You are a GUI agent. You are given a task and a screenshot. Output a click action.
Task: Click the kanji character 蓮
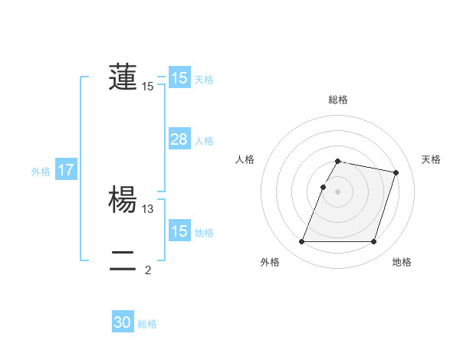click(123, 77)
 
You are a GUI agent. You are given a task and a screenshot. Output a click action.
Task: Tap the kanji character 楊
click(123, 199)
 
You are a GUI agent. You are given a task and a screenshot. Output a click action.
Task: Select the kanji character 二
click(123, 260)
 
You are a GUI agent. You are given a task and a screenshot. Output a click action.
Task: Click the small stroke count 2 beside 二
click(148, 270)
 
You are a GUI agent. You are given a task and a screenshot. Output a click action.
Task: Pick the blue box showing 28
click(179, 139)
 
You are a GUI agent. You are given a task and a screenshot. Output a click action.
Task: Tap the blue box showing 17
click(66, 171)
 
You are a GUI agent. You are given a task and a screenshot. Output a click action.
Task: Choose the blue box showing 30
click(123, 323)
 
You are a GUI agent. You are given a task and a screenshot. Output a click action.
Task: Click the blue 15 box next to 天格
click(179, 78)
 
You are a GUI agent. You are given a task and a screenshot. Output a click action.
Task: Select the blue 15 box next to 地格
click(179, 231)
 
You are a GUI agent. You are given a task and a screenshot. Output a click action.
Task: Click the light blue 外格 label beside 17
click(41, 172)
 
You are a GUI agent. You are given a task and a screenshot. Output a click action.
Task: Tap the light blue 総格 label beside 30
click(147, 324)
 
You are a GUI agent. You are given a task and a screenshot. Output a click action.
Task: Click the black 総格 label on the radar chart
click(338, 100)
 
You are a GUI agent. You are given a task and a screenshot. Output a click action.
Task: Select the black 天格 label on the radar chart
click(432, 159)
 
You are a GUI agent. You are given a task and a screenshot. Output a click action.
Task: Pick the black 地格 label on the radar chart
click(402, 262)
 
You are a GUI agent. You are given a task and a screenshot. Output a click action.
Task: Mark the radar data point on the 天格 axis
click(396, 173)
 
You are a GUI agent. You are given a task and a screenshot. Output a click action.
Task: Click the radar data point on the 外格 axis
click(302, 242)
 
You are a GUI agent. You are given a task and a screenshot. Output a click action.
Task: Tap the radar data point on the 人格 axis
click(324, 187)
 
